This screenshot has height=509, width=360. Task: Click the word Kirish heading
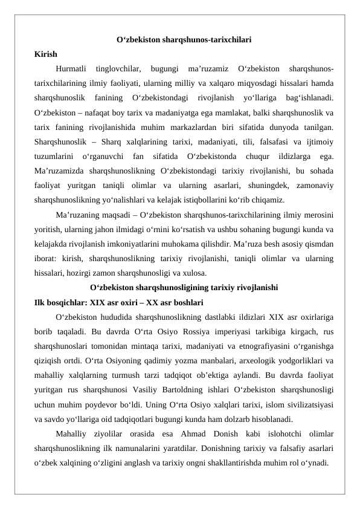pyautogui.click(x=46, y=54)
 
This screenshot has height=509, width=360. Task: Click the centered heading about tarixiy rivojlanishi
pyautogui.click(x=184, y=288)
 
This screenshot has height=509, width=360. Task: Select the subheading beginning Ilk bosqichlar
pyautogui.click(x=118, y=302)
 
